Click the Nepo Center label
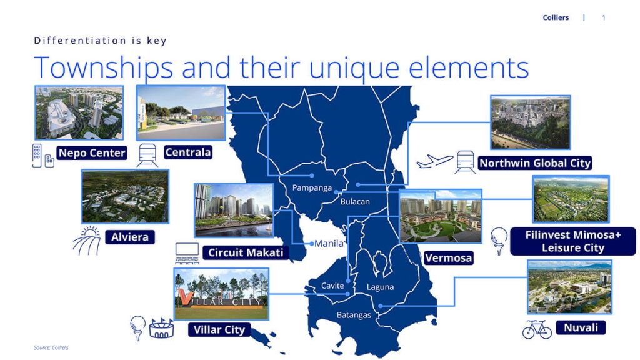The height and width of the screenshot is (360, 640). [92, 152]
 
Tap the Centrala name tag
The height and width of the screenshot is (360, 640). [188, 152]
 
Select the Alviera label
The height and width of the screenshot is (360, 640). [130, 237]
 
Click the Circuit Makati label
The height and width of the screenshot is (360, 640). [246, 252]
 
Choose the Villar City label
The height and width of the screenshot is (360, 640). [219, 330]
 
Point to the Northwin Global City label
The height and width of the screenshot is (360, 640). [535, 163]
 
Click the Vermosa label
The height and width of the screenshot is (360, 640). [448, 258]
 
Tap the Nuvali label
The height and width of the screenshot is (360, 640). [581, 327]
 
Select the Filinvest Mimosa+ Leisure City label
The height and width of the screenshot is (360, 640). [573, 241]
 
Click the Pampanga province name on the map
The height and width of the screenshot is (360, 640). [312, 188]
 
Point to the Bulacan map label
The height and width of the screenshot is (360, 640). [355, 202]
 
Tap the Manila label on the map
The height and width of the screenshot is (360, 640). [329, 244]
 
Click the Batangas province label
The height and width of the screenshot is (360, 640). [354, 315]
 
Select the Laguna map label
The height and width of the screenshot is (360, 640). [380, 287]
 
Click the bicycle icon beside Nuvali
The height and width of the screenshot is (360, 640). [537, 329]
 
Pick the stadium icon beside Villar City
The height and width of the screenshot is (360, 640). [162, 328]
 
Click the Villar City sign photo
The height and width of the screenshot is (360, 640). [221, 294]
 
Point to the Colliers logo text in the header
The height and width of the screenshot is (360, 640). [556, 17]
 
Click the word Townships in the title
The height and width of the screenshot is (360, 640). [104, 67]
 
